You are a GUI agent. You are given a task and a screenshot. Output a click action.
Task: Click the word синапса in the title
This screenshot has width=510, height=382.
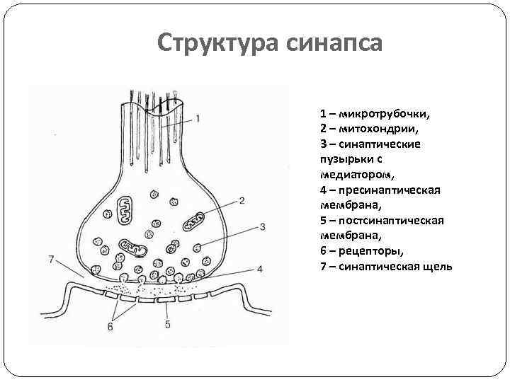pyautogui.click(x=334, y=43)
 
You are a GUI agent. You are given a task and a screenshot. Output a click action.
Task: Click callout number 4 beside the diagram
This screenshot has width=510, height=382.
pyautogui.click(x=259, y=269)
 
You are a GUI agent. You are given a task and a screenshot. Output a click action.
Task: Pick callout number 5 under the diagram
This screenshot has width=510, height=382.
pyautogui.click(x=167, y=325)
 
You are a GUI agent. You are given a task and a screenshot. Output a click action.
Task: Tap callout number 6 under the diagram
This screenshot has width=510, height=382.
pyautogui.click(x=110, y=326)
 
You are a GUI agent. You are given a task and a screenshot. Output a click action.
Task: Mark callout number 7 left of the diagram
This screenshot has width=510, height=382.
pyautogui.click(x=51, y=259)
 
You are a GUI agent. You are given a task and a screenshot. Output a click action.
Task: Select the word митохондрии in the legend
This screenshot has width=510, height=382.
pyautogui.click(x=378, y=129)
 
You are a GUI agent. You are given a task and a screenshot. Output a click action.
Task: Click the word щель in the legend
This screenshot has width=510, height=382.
pyautogui.click(x=437, y=267)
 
